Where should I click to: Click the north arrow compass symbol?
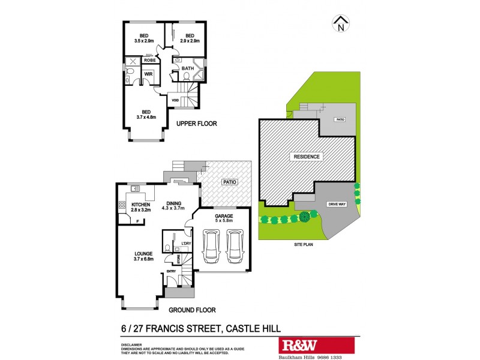(x=341, y=25)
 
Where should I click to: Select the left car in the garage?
(x=211, y=247)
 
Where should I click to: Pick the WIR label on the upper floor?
(x=147, y=74)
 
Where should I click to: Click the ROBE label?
(x=149, y=61)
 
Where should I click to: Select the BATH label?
(x=188, y=68)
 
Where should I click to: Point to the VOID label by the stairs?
(x=175, y=100)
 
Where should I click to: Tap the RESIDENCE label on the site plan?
(x=308, y=157)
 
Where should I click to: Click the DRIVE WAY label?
(x=337, y=205)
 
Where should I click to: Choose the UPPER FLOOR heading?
(x=196, y=124)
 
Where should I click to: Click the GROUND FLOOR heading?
(x=191, y=310)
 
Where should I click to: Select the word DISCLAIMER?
(x=127, y=345)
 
